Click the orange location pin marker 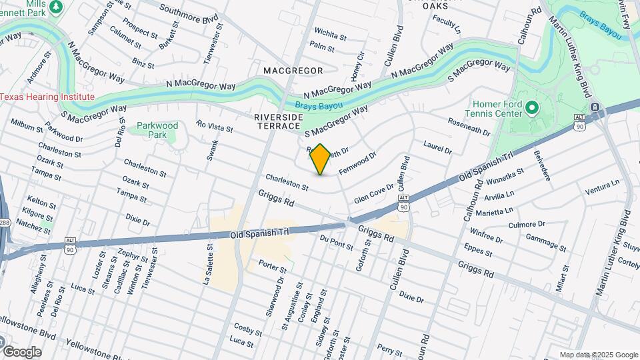tap(321, 159)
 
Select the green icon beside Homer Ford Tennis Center tap(531, 107)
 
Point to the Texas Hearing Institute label tap(47, 97)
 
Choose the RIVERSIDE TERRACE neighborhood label tap(279, 122)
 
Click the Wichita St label tap(330, 32)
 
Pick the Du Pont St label tap(336, 242)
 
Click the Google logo tap(21, 351)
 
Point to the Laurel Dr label tap(437, 147)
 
